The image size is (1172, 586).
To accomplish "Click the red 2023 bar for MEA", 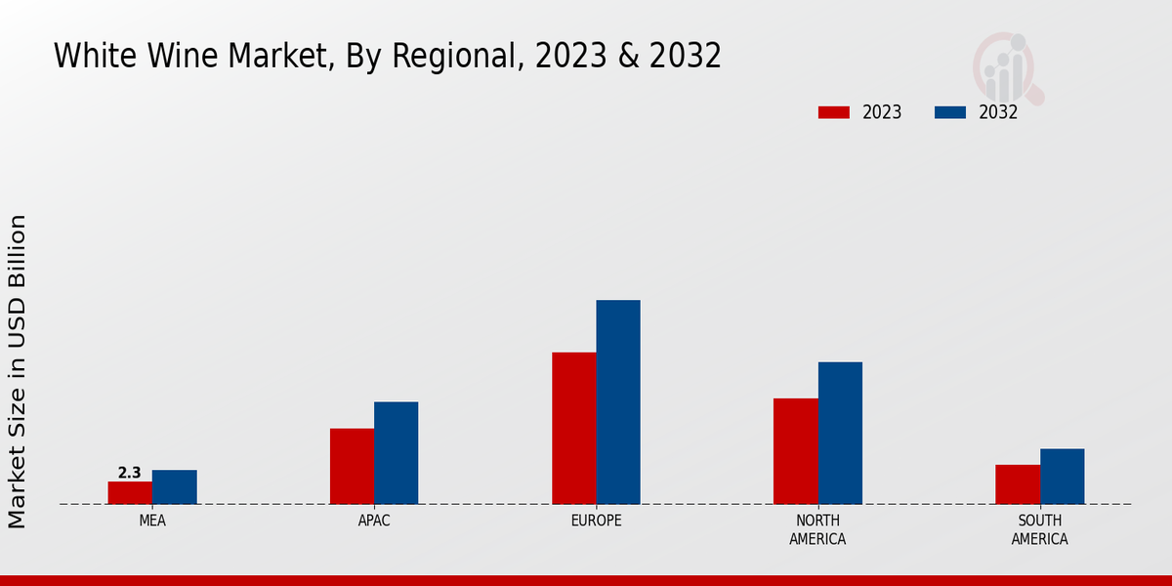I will (x=130, y=493).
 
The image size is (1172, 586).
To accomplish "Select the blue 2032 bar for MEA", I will (x=175, y=487).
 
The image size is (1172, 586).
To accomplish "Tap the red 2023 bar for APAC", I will (x=352, y=466).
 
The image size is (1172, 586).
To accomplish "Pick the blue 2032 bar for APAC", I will (x=396, y=453).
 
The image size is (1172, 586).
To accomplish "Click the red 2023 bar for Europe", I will (x=573, y=428).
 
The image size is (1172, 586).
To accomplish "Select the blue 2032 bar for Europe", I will (x=618, y=402).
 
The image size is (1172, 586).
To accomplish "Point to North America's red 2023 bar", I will (x=795, y=451).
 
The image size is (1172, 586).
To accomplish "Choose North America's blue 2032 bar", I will (x=840, y=433).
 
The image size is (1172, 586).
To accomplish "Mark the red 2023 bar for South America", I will (x=1018, y=484).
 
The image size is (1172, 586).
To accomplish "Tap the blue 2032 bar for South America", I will (x=1062, y=477).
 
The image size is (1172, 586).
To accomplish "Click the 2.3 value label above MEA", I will (x=129, y=473).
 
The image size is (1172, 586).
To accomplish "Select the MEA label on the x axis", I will (x=152, y=521).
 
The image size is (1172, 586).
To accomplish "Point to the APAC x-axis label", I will (x=374, y=521).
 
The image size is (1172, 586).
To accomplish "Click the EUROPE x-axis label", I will (x=596, y=521).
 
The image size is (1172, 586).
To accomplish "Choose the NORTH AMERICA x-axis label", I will (x=817, y=529).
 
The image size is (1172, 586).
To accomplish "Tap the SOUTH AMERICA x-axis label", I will (x=1039, y=529).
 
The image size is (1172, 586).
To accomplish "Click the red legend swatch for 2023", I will (x=833, y=112).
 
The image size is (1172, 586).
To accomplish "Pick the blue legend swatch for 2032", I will (x=950, y=112).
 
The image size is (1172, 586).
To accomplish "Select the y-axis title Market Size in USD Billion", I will (x=18, y=371).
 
